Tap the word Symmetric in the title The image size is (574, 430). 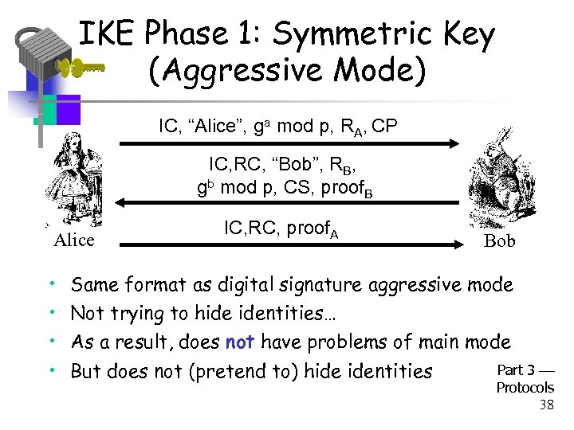point(352,35)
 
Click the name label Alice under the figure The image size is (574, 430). point(73,240)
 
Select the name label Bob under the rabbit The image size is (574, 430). point(500,241)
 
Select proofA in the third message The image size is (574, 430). point(313,230)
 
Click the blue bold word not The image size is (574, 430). point(240,342)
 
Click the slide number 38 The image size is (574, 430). point(546,405)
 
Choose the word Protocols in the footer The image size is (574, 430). point(525,388)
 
